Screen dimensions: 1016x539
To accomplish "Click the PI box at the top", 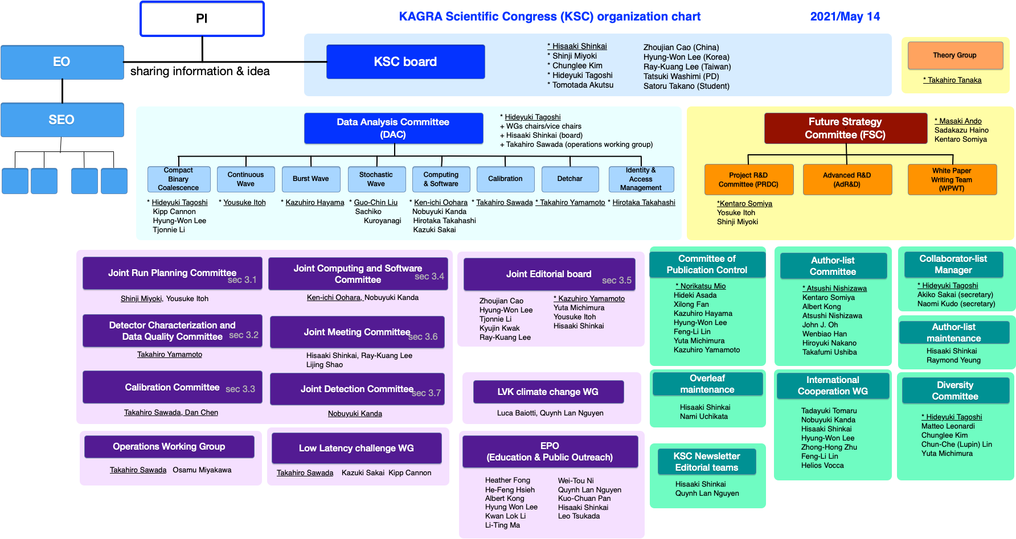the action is (202, 19).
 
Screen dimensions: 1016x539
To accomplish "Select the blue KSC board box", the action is (405, 61).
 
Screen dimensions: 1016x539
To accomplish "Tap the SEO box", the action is (62, 120).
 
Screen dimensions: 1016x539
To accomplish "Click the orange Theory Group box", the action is (955, 55).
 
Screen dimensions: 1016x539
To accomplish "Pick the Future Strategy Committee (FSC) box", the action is (846, 128).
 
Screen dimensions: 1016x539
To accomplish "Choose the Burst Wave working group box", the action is (311, 179).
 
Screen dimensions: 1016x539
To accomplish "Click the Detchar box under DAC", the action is (570, 179).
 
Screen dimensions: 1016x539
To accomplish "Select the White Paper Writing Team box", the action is (952, 179).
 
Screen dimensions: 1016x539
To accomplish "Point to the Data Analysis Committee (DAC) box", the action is (394, 128).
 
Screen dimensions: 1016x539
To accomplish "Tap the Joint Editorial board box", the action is (550, 274).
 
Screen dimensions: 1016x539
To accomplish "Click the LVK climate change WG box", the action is (548, 392).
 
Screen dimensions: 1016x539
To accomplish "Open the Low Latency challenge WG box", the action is (357, 448).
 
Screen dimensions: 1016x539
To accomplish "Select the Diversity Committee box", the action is (956, 390).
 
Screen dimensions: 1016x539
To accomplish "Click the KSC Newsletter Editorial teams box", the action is (707, 462).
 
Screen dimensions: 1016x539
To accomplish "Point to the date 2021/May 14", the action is (845, 17).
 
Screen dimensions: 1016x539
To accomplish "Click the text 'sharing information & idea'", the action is (200, 71).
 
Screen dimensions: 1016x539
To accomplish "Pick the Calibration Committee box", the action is (173, 387).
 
